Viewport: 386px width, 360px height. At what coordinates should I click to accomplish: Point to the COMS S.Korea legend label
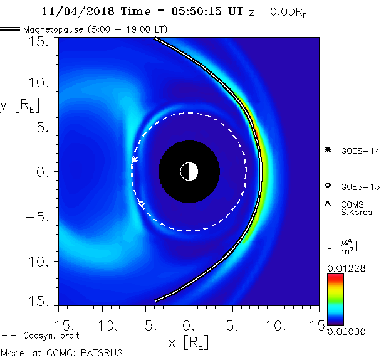coord(357,208)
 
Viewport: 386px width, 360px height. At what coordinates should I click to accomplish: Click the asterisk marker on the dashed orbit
coord(135,160)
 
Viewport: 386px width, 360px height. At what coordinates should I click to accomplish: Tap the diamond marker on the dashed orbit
coord(142,204)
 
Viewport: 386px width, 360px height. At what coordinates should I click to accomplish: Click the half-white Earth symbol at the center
coord(189,171)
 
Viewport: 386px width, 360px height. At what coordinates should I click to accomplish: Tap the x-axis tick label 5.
coord(233,327)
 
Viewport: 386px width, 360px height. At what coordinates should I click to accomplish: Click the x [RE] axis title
coord(188,342)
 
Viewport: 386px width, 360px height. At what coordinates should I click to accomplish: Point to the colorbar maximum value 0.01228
coord(346,268)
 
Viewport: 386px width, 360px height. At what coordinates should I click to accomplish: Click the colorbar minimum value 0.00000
coord(346,331)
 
